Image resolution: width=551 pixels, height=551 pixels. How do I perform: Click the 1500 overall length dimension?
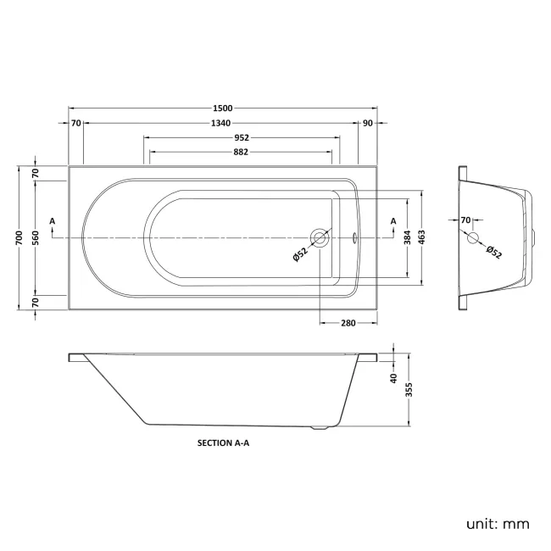pos(223,109)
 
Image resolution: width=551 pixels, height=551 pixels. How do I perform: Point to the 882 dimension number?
pos(241,153)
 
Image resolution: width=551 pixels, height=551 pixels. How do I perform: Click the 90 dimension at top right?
pos(367,124)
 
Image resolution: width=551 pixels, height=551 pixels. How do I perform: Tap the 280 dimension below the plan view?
pos(348,322)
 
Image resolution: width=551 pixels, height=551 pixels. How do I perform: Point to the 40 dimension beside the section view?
pos(394,377)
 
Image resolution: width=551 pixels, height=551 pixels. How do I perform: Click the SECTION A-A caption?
pos(223,442)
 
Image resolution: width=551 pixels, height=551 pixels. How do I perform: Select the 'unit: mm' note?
pos(498,524)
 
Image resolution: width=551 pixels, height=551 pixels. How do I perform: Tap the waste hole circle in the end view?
pos(473,237)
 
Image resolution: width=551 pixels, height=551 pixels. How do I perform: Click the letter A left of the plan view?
pos(53,221)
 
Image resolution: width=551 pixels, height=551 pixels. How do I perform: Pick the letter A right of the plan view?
pos(392,221)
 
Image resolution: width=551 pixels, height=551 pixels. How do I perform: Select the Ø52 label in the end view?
pos(493,251)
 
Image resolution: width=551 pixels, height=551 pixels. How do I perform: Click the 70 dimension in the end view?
pos(465,220)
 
